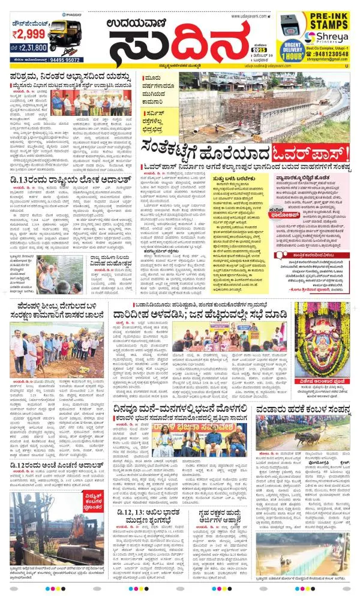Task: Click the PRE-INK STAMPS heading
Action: [326, 21]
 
